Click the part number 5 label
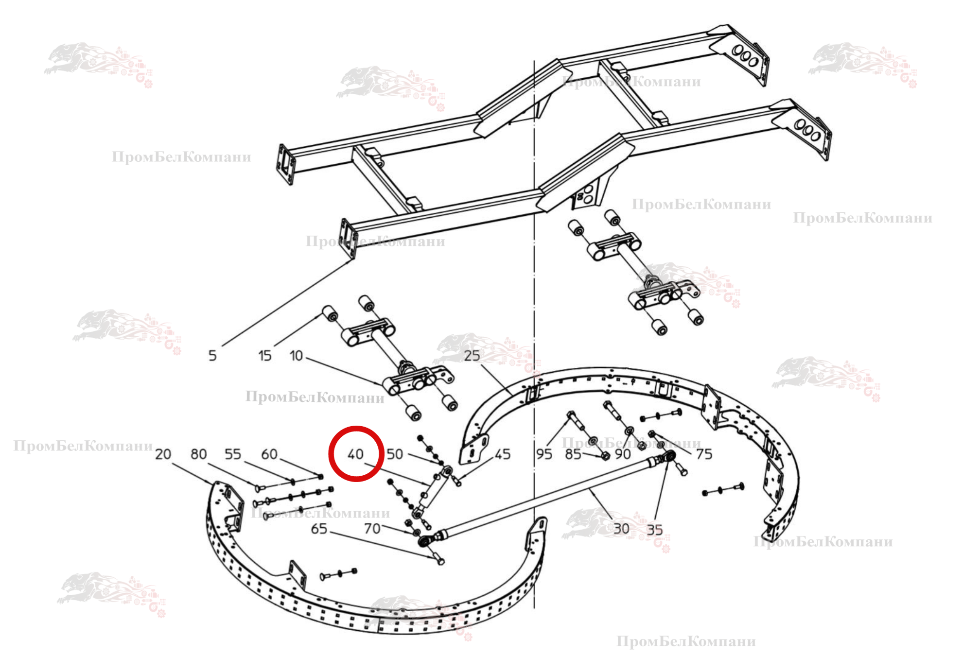[x=212, y=356]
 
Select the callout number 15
[x=265, y=356]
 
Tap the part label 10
[x=296, y=356]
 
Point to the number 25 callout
[x=472, y=356]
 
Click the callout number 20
[x=163, y=454]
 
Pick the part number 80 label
[x=198, y=454]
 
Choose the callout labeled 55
[x=233, y=454]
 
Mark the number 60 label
[x=269, y=454]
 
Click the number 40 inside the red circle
[x=356, y=454]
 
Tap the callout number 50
[x=395, y=454]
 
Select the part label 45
[x=503, y=454]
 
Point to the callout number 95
[x=544, y=454]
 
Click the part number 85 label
[x=573, y=454]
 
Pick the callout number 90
[x=623, y=454]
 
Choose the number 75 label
[x=704, y=454]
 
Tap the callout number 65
[x=319, y=529]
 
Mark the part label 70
[x=372, y=529]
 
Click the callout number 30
[x=621, y=529]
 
